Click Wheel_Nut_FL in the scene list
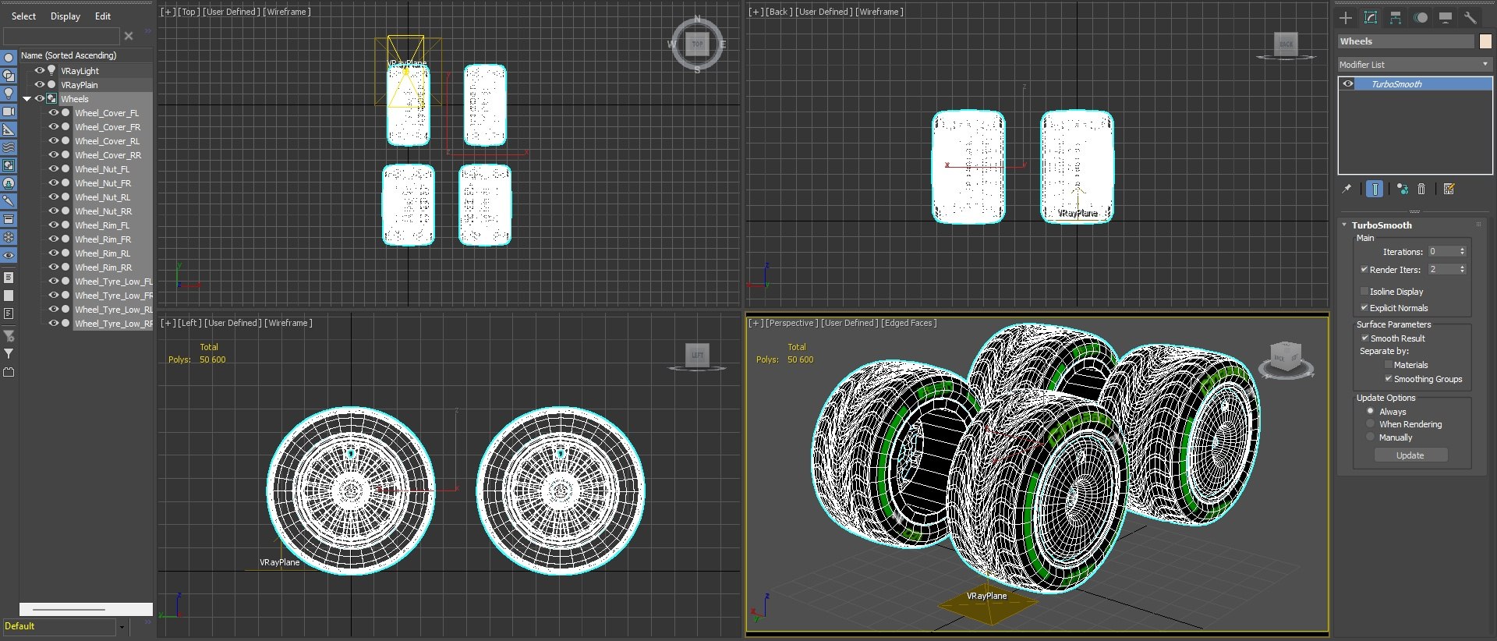pos(102,169)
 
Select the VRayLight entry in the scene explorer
pos(80,71)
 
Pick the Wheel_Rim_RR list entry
pos(103,267)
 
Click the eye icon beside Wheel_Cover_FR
pos(54,127)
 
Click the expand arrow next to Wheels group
pos(27,99)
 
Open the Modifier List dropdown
pos(1414,65)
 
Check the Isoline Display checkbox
pos(1364,292)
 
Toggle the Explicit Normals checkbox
pos(1364,308)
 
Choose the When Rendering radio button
pos(1371,424)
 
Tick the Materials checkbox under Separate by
pos(1388,365)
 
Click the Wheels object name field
pos(1405,41)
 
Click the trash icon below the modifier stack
pos(1421,189)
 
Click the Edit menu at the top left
pos(102,16)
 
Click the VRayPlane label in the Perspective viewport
pos(986,596)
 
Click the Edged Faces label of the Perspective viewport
pos(908,323)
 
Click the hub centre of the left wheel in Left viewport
pos(351,491)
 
